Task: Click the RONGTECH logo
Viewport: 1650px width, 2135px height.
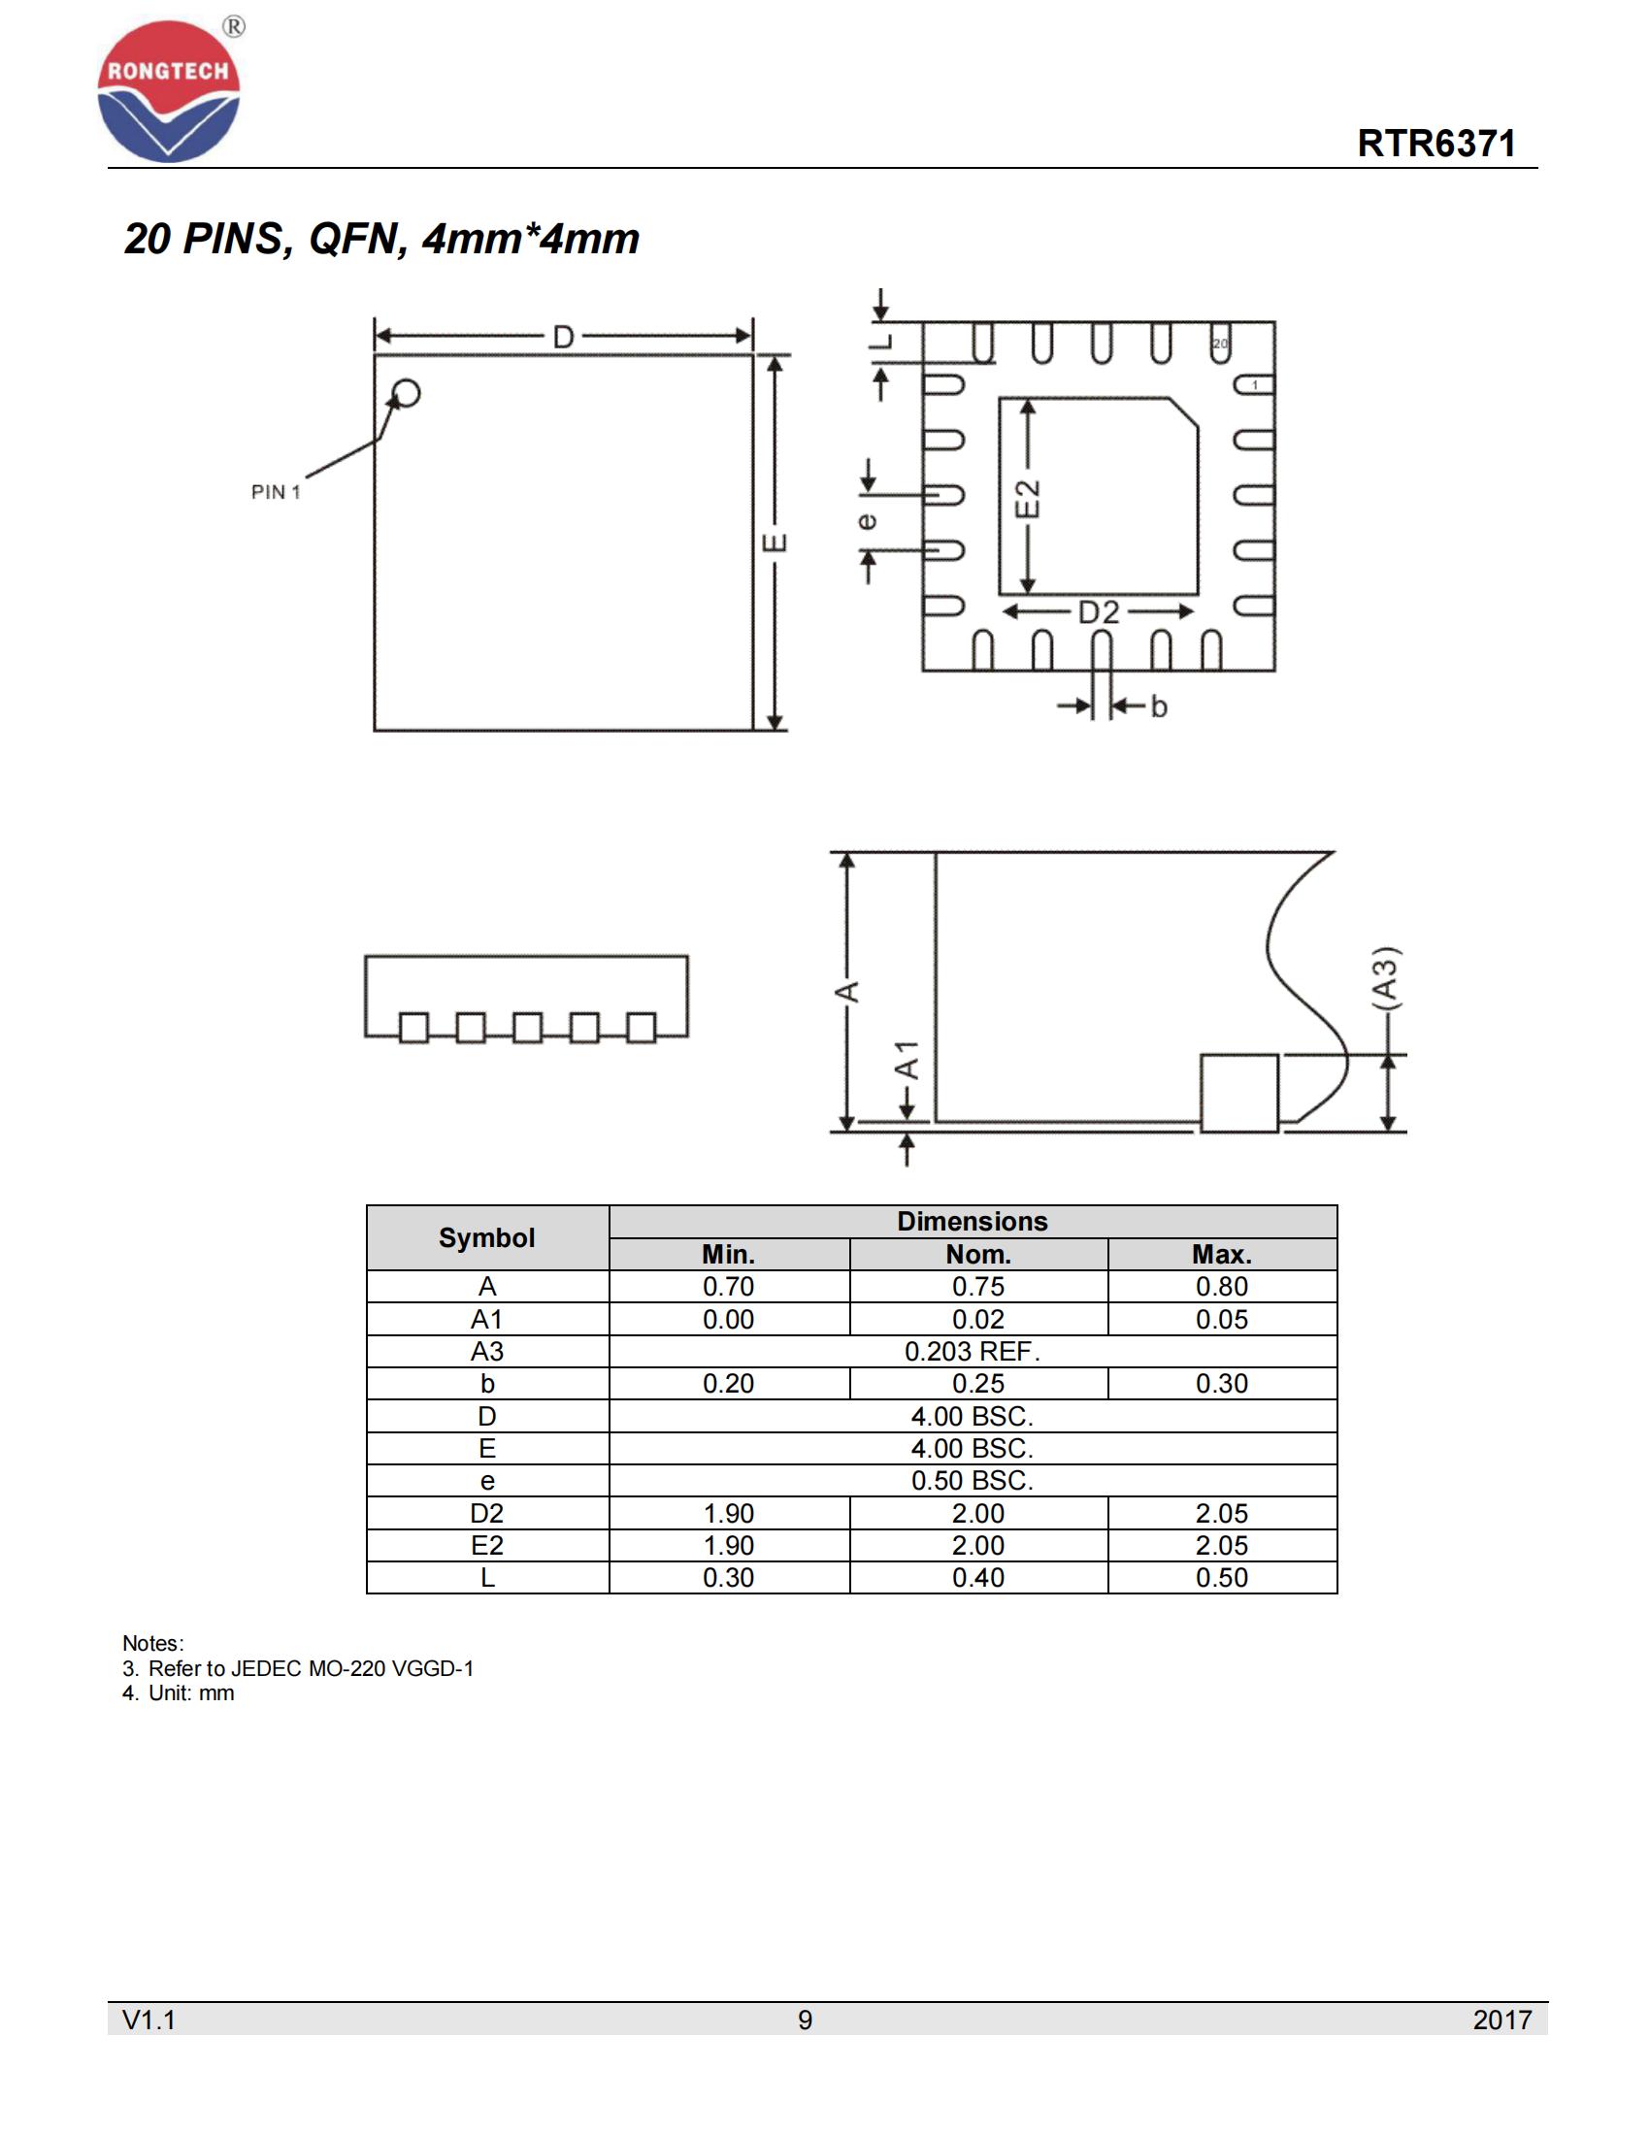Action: (x=168, y=90)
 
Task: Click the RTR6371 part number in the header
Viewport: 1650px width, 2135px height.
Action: (x=1435, y=144)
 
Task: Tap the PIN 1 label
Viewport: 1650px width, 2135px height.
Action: (x=276, y=492)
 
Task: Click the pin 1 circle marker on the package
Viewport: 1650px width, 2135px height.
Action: (x=406, y=393)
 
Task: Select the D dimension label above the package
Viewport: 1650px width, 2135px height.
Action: (x=563, y=338)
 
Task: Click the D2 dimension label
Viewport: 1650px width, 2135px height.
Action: (x=1098, y=613)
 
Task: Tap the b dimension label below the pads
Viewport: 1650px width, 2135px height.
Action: (x=1158, y=706)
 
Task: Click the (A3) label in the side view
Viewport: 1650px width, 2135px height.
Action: (x=1385, y=976)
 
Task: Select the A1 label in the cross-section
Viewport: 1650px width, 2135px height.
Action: (x=908, y=1060)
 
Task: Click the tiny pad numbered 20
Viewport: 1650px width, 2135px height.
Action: (x=1220, y=345)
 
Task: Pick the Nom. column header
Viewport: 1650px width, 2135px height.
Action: (x=977, y=1254)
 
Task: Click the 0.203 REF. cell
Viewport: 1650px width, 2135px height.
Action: (x=972, y=1351)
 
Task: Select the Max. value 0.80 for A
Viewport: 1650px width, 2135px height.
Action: (x=1221, y=1287)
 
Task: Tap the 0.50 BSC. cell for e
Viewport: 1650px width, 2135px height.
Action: (x=972, y=1480)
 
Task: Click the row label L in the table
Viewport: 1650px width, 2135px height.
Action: (x=487, y=1577)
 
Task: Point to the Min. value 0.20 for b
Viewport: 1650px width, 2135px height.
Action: (x=728, y=1383)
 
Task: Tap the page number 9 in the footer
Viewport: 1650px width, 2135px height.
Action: (x=805, y=2020)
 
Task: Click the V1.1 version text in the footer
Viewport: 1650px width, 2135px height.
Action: (x=148, y=2020)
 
